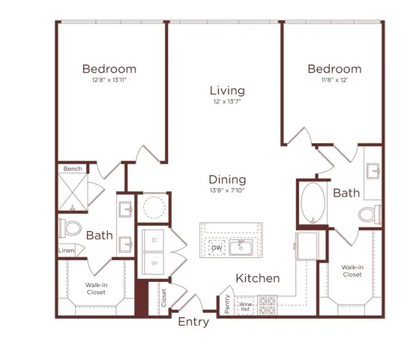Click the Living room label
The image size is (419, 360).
point(227,91)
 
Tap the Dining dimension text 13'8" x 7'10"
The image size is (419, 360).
point(227,190)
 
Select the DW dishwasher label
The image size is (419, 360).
point(217,247)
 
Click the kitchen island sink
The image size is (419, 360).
point(241,247)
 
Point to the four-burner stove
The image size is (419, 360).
point(268,305)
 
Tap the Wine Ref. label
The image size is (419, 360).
point(246,307)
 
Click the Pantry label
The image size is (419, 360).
point(227,304)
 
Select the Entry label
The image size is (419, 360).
point(193,322)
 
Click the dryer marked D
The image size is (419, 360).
point(153,240)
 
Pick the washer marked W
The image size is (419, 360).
point(153,263)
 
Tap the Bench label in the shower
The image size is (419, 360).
point(73,169)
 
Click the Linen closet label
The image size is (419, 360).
point(66,250)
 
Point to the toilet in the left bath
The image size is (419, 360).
point(70,228)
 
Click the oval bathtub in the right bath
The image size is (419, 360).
point(313,203)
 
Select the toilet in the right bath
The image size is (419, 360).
point(370,214)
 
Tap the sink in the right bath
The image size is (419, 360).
point(373,171)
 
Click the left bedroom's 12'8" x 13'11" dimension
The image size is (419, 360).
point(109,79)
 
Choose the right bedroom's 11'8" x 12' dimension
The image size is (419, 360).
point(334,79)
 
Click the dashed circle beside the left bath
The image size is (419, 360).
point(154,208)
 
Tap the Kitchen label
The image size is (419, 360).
point(258,278)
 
